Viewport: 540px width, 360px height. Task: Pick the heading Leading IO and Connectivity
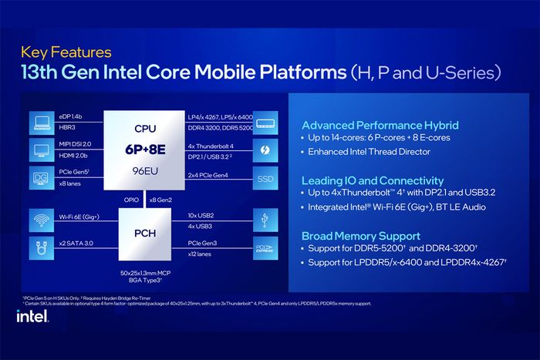(373, 180)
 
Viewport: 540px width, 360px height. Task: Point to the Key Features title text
(66, 53)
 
